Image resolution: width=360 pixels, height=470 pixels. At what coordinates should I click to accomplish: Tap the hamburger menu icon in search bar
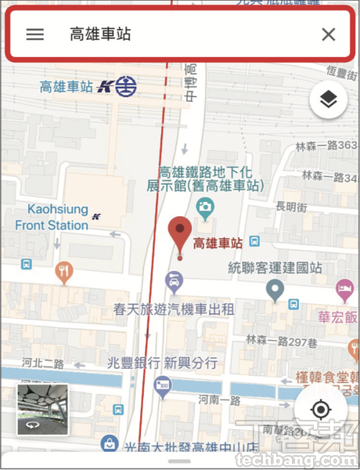pos(34,34)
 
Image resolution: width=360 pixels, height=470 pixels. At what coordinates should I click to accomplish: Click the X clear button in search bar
pos(329,34)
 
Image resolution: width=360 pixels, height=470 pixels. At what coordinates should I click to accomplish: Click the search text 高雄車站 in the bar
pos(99,34)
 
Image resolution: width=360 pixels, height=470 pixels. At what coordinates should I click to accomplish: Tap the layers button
pos(329,100)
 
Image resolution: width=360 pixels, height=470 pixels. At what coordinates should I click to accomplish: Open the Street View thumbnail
pos(42,410)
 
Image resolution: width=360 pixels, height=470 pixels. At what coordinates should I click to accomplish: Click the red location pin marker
pos(180,233)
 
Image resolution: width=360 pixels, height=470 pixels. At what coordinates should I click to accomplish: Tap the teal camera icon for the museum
pos(205,208)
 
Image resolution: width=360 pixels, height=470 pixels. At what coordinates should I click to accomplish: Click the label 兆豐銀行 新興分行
pos(162,363)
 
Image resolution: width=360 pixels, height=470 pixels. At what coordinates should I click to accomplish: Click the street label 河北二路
pos(42,363)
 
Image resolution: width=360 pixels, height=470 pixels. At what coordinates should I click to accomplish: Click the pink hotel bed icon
pos(344,292)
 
